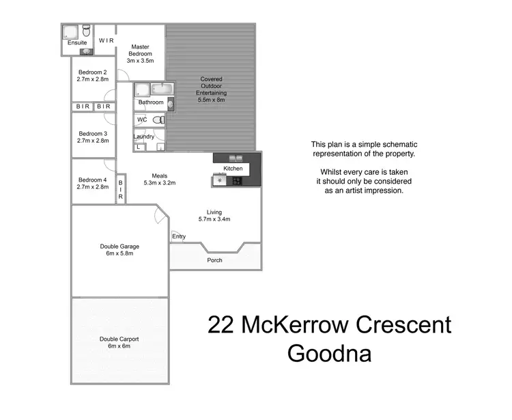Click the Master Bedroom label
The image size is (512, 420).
pos(141,50)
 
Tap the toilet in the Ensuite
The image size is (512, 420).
pos(87,31)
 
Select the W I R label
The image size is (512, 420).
pos(105,41)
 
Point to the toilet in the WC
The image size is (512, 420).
pos(158,120)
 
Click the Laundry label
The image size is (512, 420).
pos(143,137)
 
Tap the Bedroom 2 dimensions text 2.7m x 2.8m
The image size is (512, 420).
pos(93,79)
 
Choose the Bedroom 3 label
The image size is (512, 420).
pos(93,133)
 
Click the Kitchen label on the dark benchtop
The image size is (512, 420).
pos(233,168)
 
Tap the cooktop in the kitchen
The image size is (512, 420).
pos(236,181)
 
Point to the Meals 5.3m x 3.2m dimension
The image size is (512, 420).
pos(160,182)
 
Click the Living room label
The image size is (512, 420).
pos(214,212)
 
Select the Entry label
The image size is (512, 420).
pos(179,236)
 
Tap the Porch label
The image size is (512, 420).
pos(214,260)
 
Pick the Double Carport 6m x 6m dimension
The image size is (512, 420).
pos(119,346)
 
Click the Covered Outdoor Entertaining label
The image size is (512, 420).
pos(211,89)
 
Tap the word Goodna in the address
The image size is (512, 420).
pos(330,354)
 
